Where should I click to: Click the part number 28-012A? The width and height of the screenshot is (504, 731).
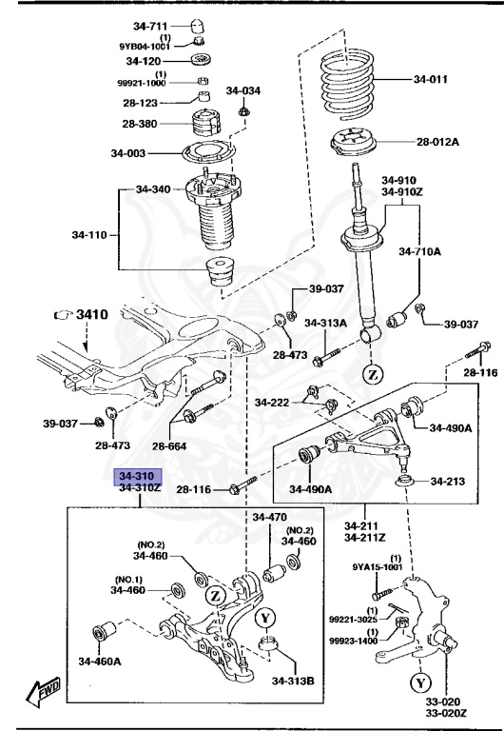click(437, 142)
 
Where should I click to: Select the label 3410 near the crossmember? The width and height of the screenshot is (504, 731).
click(93, 313)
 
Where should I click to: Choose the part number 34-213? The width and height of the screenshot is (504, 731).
click(447, 482)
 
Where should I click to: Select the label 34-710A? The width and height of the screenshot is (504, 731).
click(421, 252)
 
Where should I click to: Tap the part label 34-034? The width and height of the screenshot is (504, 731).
click(242, 91)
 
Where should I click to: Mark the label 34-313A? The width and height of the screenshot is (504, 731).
click(325, 323)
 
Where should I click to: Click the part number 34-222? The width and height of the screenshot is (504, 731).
click(273, 404)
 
